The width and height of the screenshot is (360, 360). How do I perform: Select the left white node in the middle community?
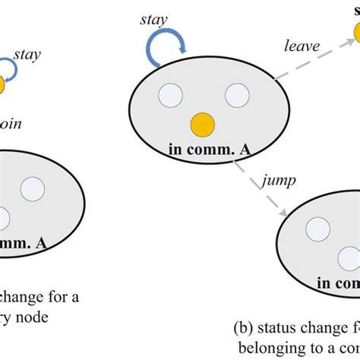point(169,96)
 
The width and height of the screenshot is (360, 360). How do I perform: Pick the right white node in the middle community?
point(237,96)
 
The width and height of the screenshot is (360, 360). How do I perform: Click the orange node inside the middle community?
point(201,122)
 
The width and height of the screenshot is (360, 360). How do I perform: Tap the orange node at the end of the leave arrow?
point(355,33)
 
